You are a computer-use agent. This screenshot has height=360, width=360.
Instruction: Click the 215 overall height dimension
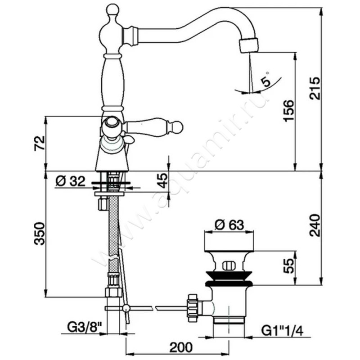(314, 88)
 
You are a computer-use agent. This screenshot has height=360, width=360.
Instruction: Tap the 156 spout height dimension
(288, 110)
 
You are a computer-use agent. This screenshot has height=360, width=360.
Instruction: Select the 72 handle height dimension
(40, 143)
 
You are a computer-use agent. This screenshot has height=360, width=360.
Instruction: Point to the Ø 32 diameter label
(70, 181)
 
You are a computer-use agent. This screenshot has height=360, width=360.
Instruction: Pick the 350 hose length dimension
(40, 234)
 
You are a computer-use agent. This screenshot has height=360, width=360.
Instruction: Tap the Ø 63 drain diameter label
(229, 225)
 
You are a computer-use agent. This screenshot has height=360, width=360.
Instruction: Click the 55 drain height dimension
(288, 266)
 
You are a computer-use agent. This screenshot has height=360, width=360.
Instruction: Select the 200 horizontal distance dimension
(181, 347)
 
